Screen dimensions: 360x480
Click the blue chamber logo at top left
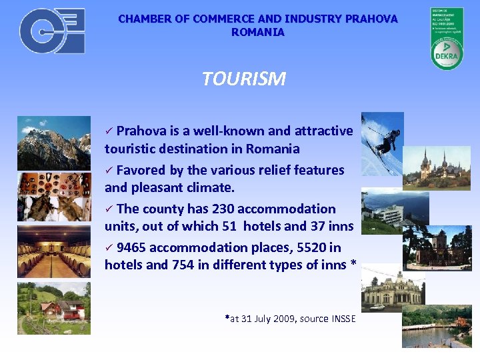tap(52, 31)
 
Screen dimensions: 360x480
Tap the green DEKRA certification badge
tap(446, 38)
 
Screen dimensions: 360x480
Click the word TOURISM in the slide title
tap(244, 79)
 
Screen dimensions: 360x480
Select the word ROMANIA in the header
tap(258, 32)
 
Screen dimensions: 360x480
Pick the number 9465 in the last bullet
tap(131, 247)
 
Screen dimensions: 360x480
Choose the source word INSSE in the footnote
tap(343, 319)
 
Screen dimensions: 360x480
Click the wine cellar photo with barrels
tap(54, 251)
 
